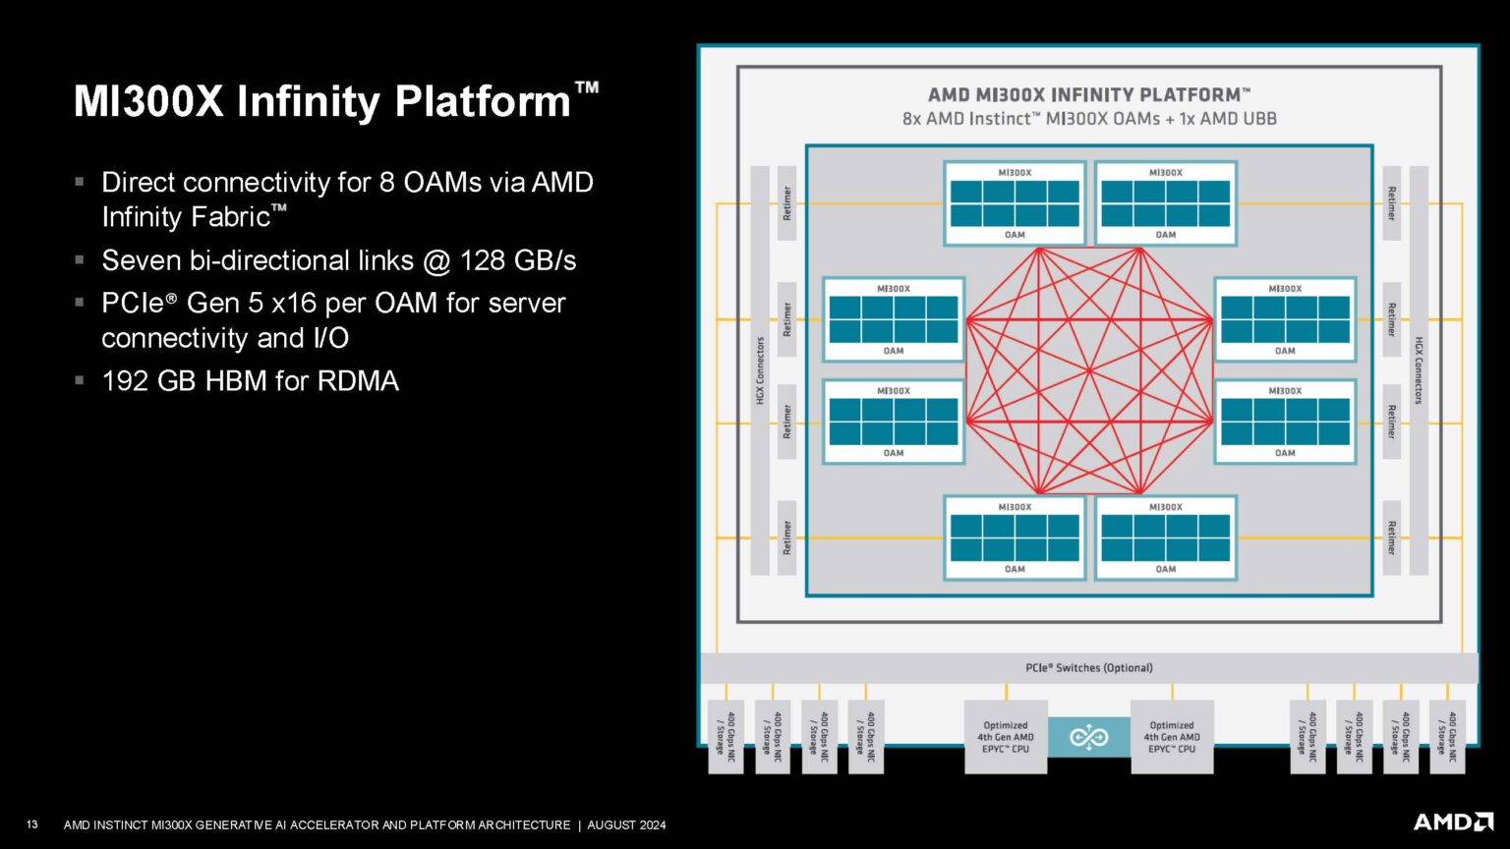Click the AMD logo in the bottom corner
pos(1454,821)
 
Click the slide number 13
pos(32,824)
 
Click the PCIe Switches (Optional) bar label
pos(1088,668)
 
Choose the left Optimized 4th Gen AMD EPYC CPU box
pos(1005,737)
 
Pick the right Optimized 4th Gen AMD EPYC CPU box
pos(1172,737)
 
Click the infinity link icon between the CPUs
pos(1088,737)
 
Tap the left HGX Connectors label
pos(760,370)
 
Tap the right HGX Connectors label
pos(1419,370)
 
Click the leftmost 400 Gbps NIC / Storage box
pos(726,737)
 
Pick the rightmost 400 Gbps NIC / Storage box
pos(1448,737)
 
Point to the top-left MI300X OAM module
pos(1014,203)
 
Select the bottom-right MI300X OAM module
pos(1166,538)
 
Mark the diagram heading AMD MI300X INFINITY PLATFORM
pos(1088,95)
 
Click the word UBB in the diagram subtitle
pos(1258,119)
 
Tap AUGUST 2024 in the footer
pos(626,825)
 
